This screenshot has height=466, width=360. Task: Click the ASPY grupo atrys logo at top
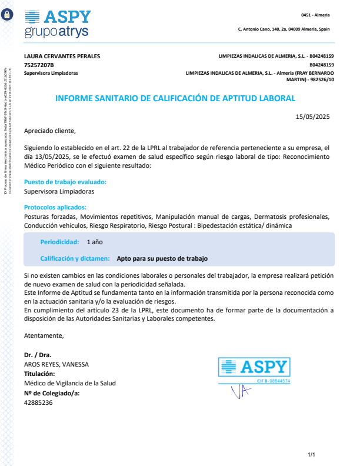coord(58,24)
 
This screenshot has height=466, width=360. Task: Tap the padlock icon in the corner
coord(7,15)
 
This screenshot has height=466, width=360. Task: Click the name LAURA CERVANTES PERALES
coord(62,56)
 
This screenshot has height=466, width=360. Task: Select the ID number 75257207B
coord(39,65)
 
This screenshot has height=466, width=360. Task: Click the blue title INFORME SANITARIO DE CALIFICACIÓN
coord(175,99)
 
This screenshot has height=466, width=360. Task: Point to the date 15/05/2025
coord(312,116)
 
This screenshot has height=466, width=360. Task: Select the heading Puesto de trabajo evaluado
coord(65,182)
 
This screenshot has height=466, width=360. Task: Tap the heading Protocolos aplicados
coord(55,207)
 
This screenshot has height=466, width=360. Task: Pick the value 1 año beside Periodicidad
coord(95,242)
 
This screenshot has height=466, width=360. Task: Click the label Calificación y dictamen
coord(75,258)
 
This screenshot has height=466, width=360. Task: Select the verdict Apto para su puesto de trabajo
coord(162,258)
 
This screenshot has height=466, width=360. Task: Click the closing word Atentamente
coord(44,335)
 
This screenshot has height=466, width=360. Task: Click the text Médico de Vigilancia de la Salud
coord(69,383)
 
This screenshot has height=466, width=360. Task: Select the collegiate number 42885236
coord(38,402)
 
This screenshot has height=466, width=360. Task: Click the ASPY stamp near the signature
coord(254,371)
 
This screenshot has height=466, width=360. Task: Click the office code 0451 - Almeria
coord(315,15)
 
